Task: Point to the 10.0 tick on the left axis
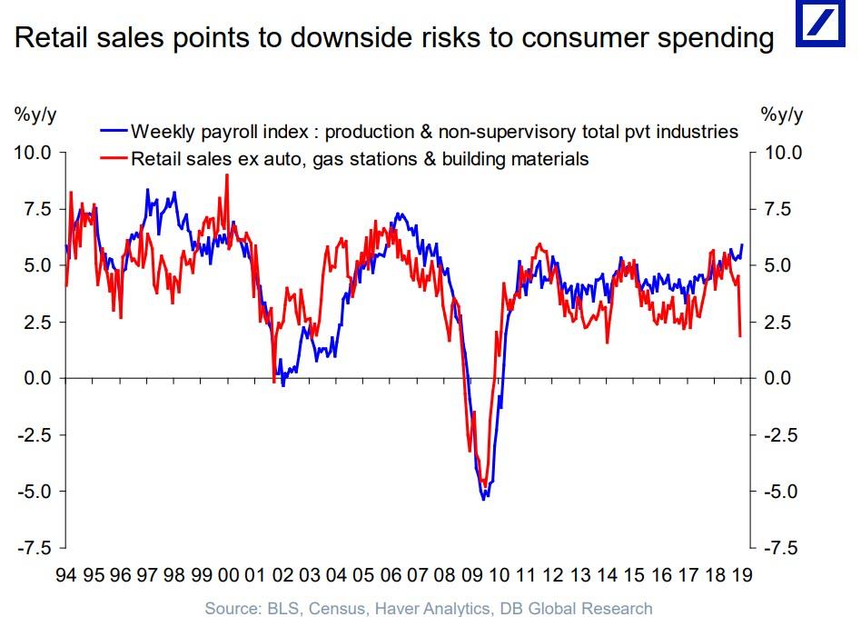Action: (x=33, y=152)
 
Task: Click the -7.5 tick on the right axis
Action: (x=781, y=548)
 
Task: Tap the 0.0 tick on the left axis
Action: (x=37, y=378)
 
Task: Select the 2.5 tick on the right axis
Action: (x=782, y=322)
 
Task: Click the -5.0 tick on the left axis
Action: (x=35, y=492)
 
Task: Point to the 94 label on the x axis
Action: (x=66, y=574)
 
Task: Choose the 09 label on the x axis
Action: (x=472, y=574)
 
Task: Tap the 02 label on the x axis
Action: (x=283, y=574)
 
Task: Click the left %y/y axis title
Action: (x=34, y=115)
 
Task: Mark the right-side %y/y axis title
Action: (x=782, y=115)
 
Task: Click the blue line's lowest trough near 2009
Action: (x=485, y=498)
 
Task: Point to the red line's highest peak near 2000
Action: (x=226, y=174)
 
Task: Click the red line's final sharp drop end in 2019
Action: (x=740, y=336)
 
